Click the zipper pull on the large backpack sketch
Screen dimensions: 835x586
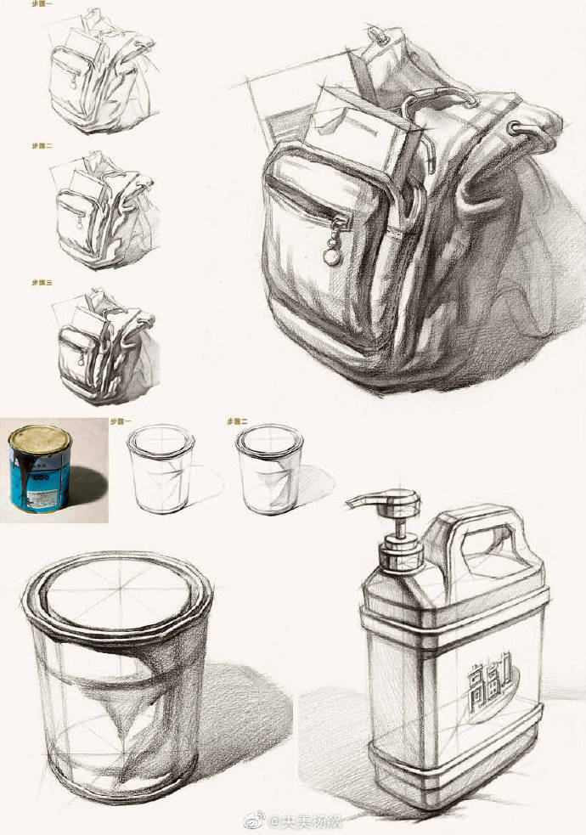click(x=331, y=248)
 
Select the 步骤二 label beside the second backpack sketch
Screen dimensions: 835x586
click(x=42, y=146)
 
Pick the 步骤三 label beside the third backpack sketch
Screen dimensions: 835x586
click(x=42, y=281)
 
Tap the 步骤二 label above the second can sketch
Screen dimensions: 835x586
click(x=236, y=420)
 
